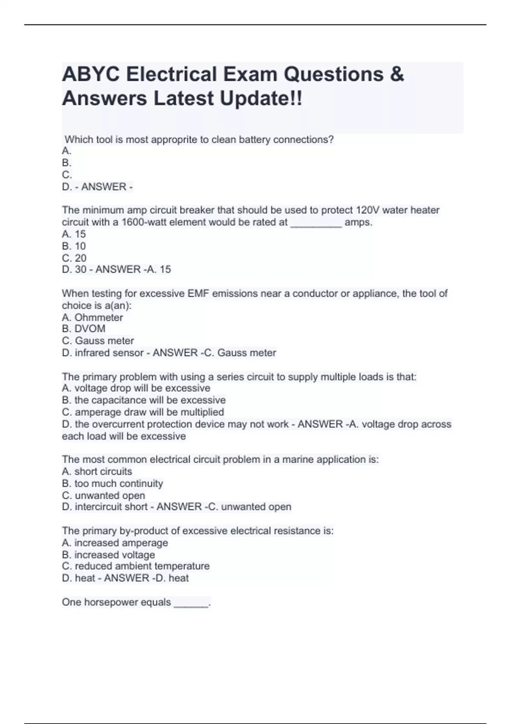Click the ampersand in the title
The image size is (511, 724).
coord(396,75)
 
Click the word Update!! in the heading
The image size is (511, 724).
coord(261,99)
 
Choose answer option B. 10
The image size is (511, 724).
coord(74,246)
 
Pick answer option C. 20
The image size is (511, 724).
coord(74,258)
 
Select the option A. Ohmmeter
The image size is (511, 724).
coord(92,318)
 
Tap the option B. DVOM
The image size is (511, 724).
coord(83,329)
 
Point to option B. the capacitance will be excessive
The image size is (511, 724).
coord(144,400)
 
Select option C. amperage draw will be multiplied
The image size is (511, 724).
coord(143,412)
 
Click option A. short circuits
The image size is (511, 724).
coord(97,471)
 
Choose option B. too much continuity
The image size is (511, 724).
coord(112,484)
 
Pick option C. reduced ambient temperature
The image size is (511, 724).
coord(136,566)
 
